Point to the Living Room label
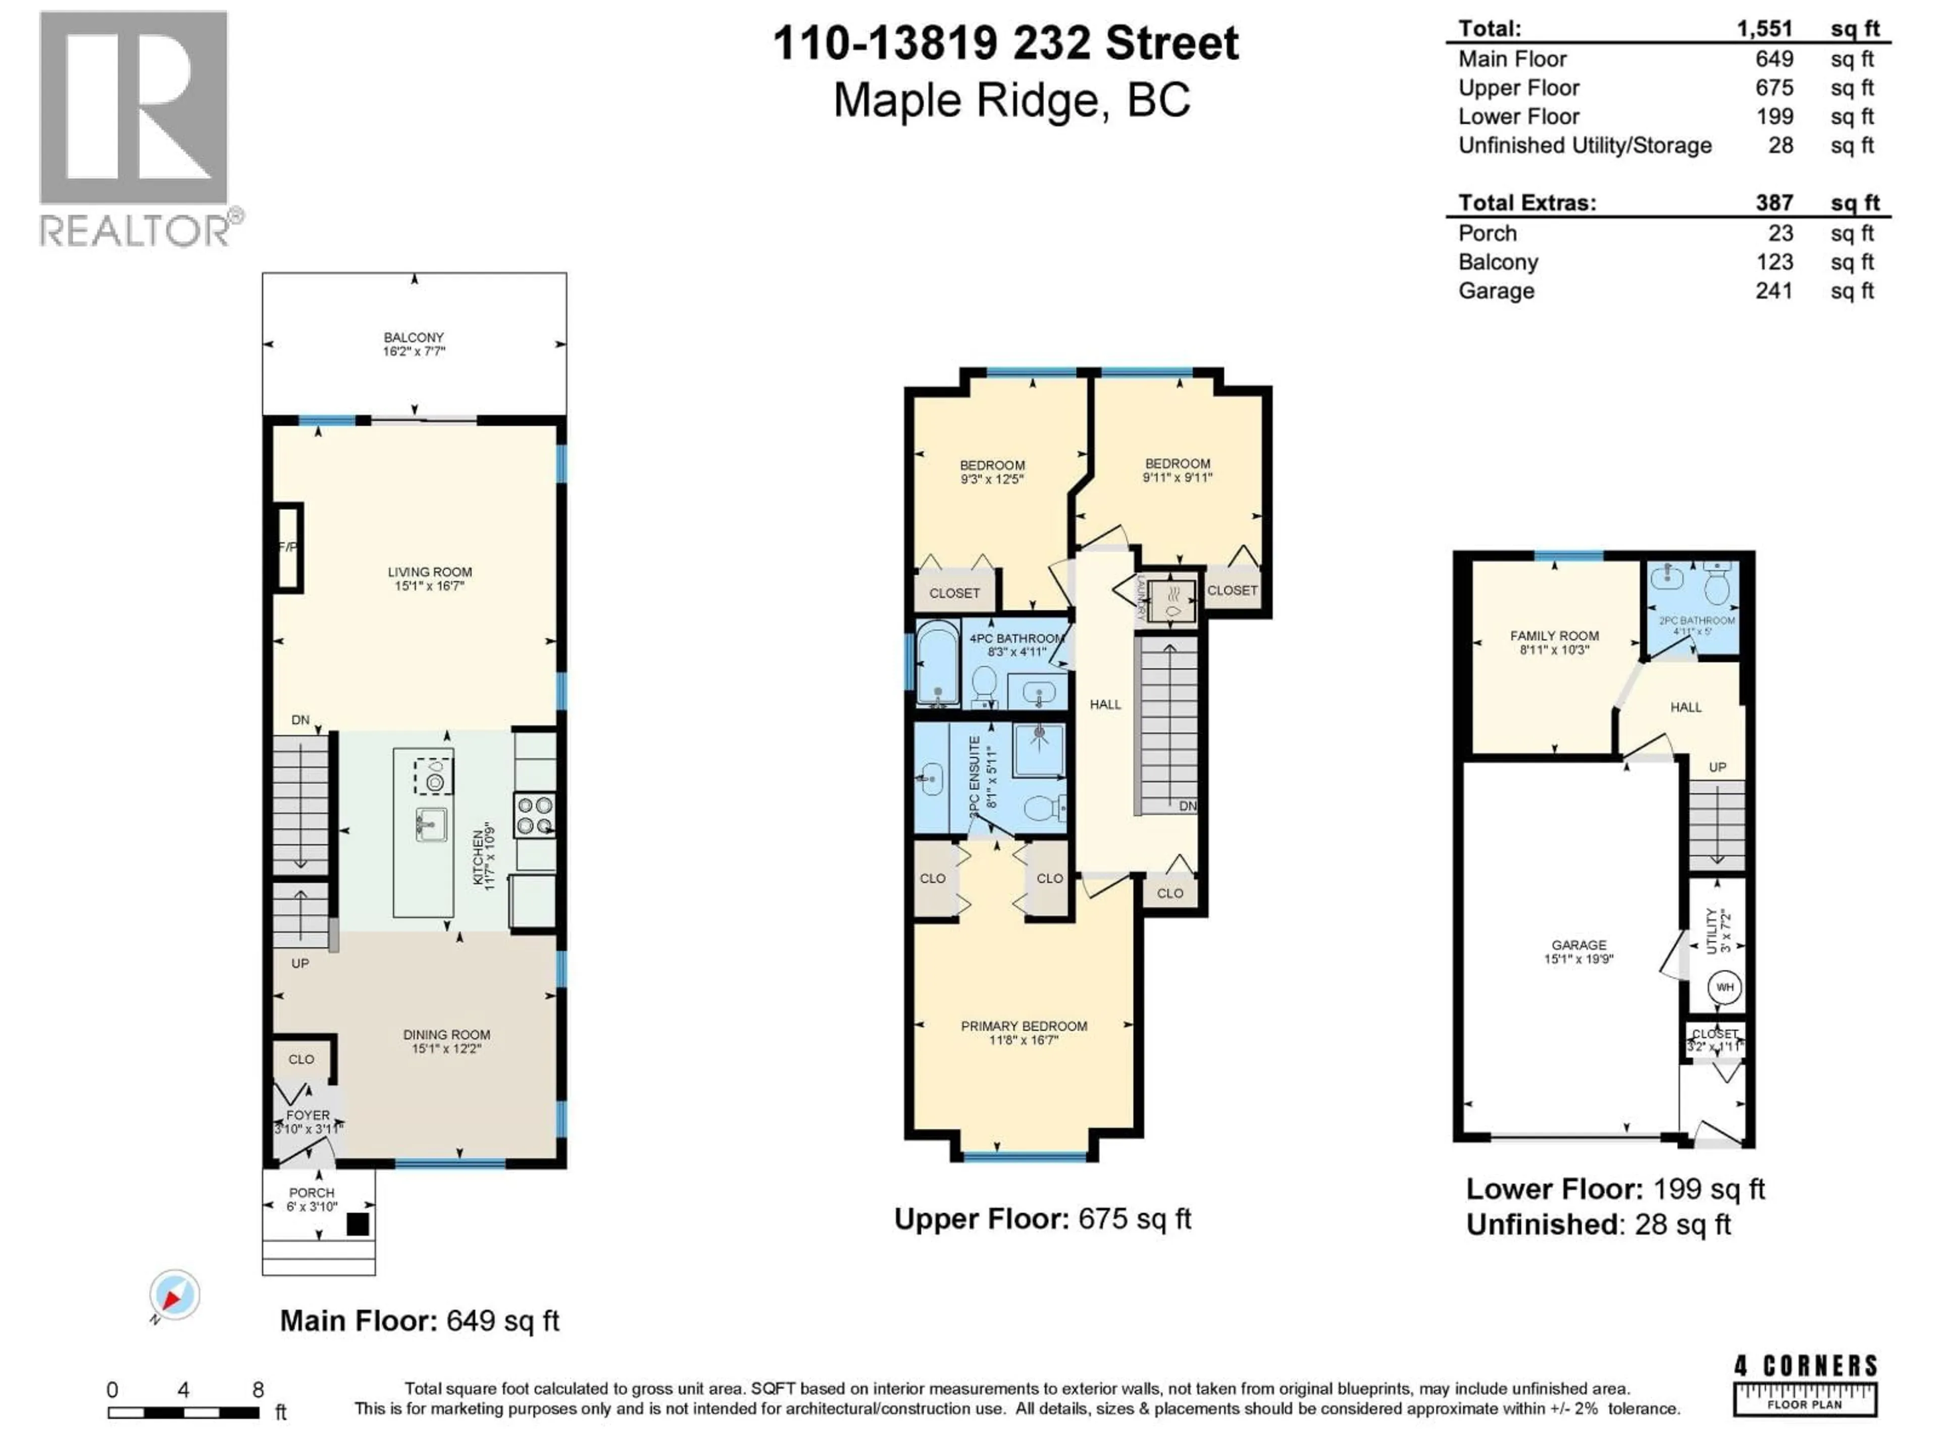click(430, 572)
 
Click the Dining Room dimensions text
click(446, 1048)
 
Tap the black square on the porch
click(358, 1224)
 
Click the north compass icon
click(174, 1294)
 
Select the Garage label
click(1579, 945)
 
